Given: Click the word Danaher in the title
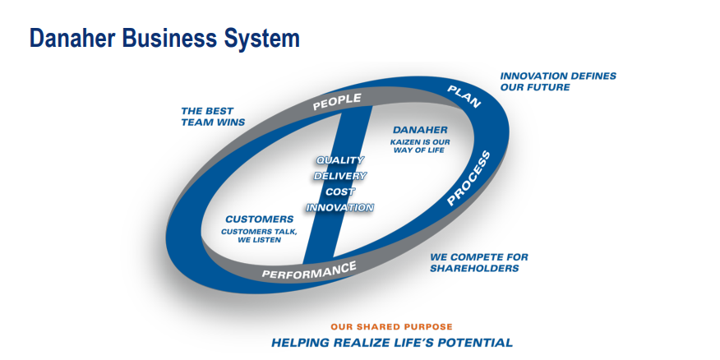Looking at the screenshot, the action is coord(72,38).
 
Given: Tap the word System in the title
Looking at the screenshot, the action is coord(261,39).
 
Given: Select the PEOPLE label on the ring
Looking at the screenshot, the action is coord(337,102).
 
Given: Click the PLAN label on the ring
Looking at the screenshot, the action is coord(464,97).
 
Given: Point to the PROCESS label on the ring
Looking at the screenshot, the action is coord(468,178).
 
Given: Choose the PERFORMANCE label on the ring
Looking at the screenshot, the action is coord(309,270).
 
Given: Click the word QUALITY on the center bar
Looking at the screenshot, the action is coord(339,160).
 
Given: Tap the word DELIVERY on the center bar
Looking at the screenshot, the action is coord(339,176).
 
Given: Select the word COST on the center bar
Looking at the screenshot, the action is coord(339,192).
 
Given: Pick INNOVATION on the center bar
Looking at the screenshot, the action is coord(339,208).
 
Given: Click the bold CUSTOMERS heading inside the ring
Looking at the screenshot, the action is coord(260,219).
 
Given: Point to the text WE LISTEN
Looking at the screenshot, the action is coord(260,240).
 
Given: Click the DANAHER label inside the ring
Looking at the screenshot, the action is coord(420,131).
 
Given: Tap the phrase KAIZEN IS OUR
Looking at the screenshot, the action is coord(420,142).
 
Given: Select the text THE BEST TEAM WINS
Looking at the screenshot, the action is coord(213,117).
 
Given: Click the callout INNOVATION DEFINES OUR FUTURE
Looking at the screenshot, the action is coord(558,81).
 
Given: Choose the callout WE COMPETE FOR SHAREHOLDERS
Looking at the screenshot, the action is coord(479,263).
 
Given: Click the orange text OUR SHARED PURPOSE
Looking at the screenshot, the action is coord(392,327).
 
